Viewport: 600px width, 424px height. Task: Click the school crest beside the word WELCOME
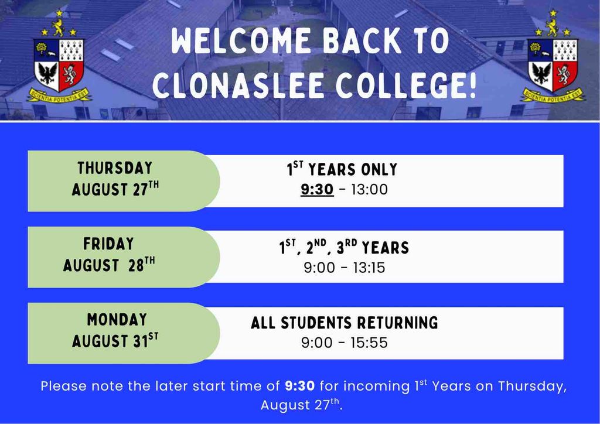tap(59, 57)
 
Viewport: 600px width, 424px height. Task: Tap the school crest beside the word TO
tap(553, 57)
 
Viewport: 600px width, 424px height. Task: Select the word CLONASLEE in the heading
tap(240, 85)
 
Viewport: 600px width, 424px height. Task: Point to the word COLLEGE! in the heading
tap(407, 85)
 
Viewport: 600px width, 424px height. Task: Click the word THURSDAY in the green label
tap(115, 168)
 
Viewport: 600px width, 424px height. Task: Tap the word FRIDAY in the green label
tap(108, 244)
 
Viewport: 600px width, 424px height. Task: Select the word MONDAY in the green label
tap(117, 320)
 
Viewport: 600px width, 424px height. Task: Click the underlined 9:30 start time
tap(317, 190)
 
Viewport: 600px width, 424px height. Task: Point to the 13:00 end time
tap(369, 190)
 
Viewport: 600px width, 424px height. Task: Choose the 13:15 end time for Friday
tap(369, 268)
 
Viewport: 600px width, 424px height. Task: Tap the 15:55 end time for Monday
tap(369, 343)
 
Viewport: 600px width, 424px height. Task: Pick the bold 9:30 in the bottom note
tap(300, 386)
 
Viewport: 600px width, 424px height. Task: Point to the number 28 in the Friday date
tap(136, 266)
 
